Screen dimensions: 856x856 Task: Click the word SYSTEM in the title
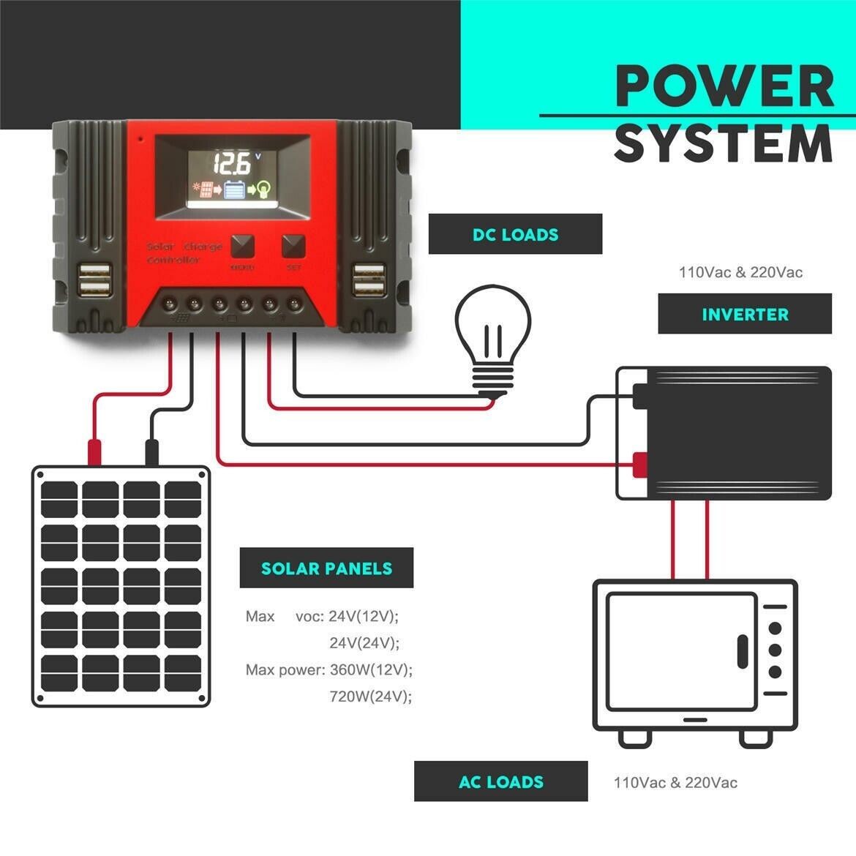(723, 144)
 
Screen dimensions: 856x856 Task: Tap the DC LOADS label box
(515, 234)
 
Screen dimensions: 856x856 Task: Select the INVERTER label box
(745, 314)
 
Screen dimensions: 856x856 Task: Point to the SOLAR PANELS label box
(326, 568)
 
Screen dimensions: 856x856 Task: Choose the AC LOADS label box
(500, 781)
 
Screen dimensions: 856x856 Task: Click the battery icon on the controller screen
(236, 190)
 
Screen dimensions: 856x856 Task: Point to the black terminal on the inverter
(641, 396)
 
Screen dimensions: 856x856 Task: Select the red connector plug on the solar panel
(94, 451)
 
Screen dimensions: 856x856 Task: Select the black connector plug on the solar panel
(152, 451)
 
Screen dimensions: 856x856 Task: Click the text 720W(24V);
(371, 696)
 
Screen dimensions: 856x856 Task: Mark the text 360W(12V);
(371, 669)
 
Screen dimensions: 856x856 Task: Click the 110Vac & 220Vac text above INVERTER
(740, 273)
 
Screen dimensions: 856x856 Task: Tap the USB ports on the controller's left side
(94, 280)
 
